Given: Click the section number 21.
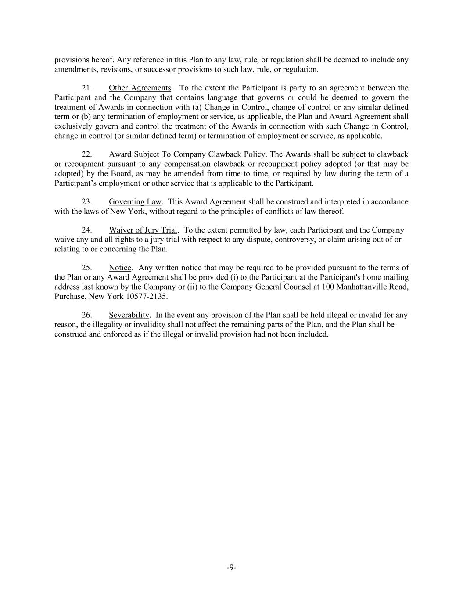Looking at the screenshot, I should click(87, 88).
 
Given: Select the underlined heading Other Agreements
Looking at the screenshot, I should click(140, 88).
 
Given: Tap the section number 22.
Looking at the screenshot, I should click(87, 154).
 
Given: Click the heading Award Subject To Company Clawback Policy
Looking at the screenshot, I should click(187, 154).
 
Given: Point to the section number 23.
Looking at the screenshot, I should click(87, 202).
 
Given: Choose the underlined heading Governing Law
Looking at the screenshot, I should click(135, 202).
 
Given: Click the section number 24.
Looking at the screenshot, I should click(87, 230).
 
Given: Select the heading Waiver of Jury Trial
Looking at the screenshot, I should click(143, 230).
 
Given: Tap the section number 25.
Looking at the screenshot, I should click(87, 268).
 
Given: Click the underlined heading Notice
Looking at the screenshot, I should click(120, 268).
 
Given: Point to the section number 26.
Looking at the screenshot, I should click(87, 315).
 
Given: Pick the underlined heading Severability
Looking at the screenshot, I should click(129, 315).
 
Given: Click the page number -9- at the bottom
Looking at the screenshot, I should click(232, 568).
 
